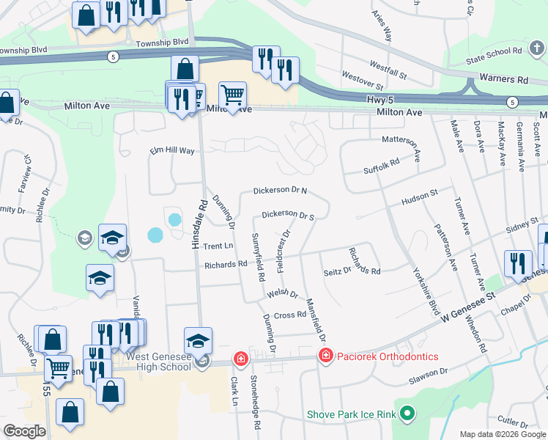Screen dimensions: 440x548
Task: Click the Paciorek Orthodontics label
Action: pos(388,356)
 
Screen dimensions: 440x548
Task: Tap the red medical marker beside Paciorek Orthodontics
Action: pos(325,356)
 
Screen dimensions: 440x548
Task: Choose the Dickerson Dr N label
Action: pos(280,191)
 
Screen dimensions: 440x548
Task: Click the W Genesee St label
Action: pos(469,302)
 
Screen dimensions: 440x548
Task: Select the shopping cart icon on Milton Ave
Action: pos(232,95)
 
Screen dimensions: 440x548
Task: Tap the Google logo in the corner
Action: pos(24,431)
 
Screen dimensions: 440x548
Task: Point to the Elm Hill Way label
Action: pos(172,151)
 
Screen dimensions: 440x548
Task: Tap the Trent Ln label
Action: pos(218,246)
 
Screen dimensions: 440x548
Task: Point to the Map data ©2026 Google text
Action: pos(503,434)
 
